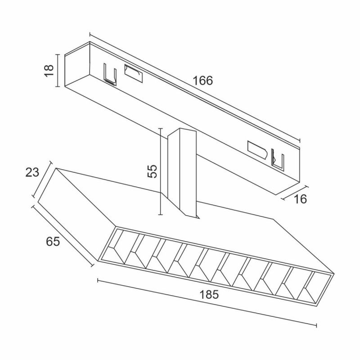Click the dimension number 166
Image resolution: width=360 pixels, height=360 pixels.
(203, 81)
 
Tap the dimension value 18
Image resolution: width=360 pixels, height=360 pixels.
(49, 71)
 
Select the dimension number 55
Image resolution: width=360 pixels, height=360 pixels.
(152, 171)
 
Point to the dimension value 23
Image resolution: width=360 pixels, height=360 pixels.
(32, 172)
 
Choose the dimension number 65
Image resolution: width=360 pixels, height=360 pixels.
(53, 242)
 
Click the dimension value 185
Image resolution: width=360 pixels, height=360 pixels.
(209, 295)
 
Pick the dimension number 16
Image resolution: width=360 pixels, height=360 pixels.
(300, 199)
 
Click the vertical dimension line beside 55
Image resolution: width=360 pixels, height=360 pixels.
(161, 171)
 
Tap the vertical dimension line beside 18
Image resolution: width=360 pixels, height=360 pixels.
(58, 71)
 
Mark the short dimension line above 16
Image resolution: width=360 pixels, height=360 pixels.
(295, 193)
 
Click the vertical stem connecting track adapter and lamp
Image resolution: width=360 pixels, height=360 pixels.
(182, 172)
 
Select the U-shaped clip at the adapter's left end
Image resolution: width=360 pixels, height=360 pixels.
(110, 74)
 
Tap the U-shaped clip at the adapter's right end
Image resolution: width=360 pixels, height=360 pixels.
(278, 160)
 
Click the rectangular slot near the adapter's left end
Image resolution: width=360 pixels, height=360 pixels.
(134, 73)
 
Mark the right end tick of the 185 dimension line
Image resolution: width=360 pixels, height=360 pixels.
(317, 325)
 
